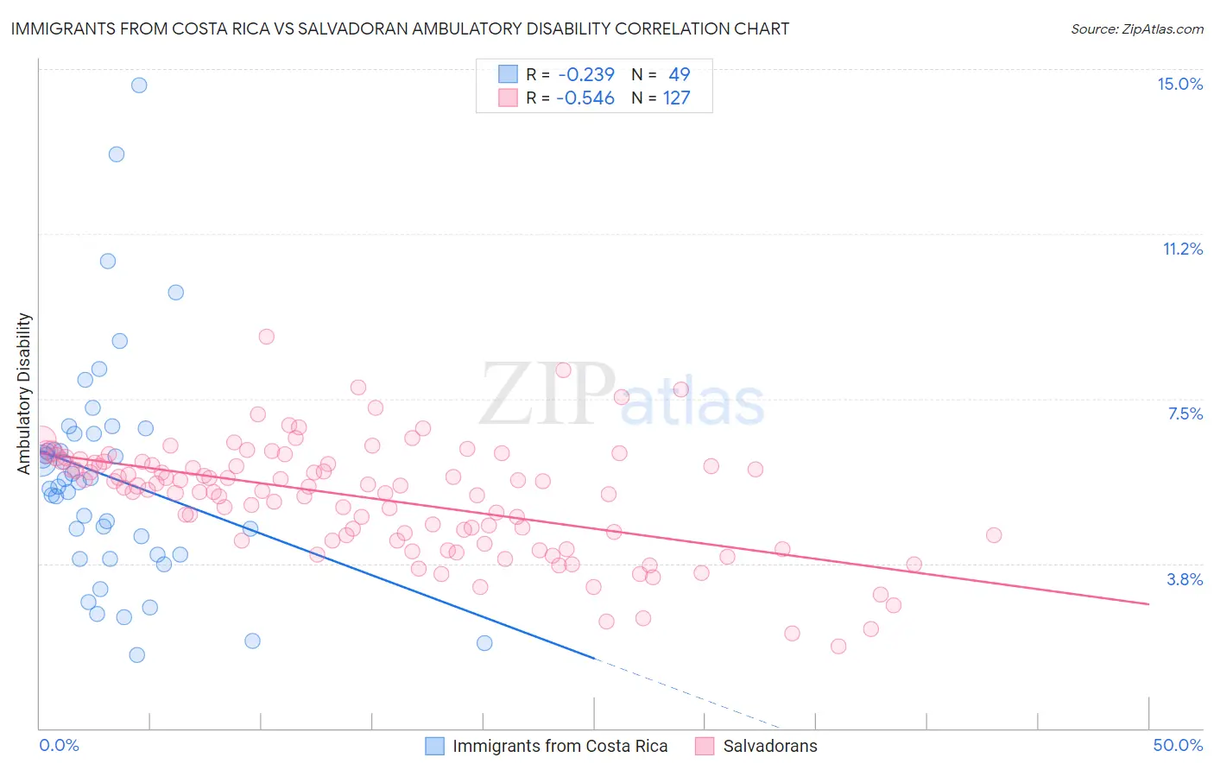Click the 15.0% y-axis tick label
1179,84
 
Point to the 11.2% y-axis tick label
1182,249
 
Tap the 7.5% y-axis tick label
1185,413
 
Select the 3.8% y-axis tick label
1185,579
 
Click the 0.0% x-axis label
59,745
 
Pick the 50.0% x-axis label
1178,745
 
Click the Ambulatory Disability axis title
24,394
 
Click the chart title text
400,28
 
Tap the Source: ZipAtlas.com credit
1136,28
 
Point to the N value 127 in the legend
676,98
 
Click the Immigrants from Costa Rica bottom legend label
560,746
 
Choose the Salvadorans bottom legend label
770,746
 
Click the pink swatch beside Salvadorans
705,746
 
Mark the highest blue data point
138,85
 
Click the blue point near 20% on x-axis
484,643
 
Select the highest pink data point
267,337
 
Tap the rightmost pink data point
994,535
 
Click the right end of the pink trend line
1148,603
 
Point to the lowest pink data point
838,647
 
